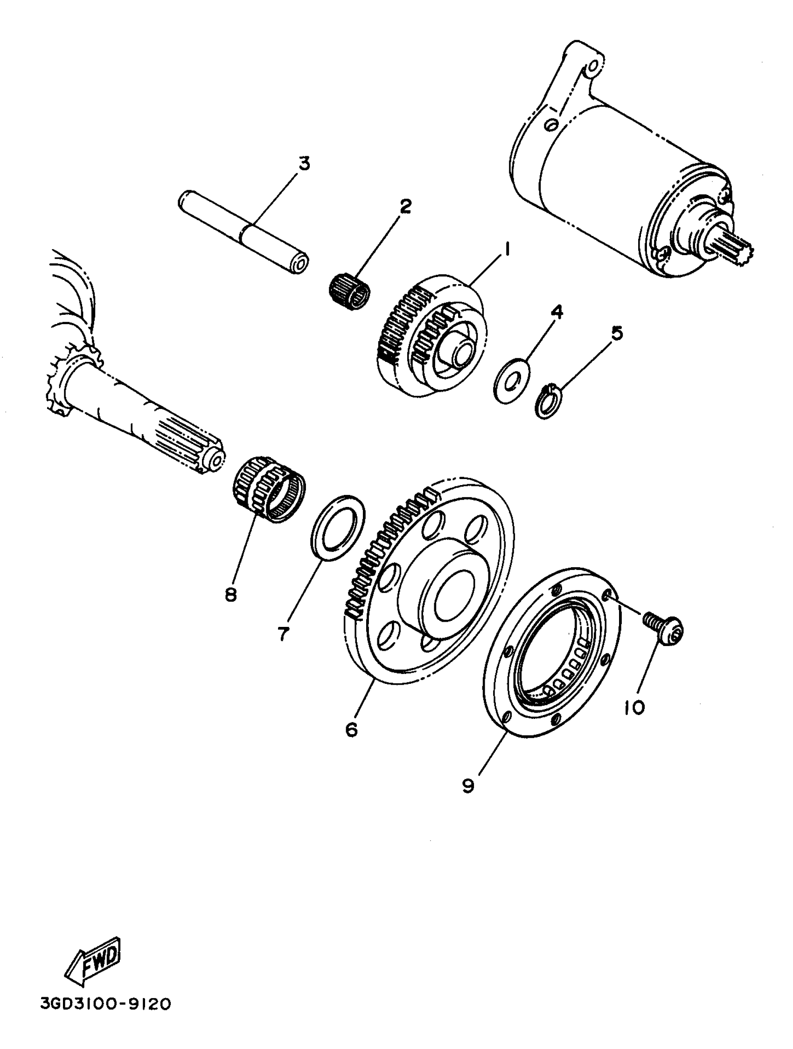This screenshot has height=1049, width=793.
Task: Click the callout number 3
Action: (x=304, y=164)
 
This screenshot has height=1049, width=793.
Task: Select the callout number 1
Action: (x=507, y=248)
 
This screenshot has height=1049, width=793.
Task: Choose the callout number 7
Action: (x=284, y=633)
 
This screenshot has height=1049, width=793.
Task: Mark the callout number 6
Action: (x=351, y=729)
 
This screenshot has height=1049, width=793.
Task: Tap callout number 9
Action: (x=468, y=786)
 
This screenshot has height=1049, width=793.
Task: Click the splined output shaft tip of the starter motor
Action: (x=740, y=249)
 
